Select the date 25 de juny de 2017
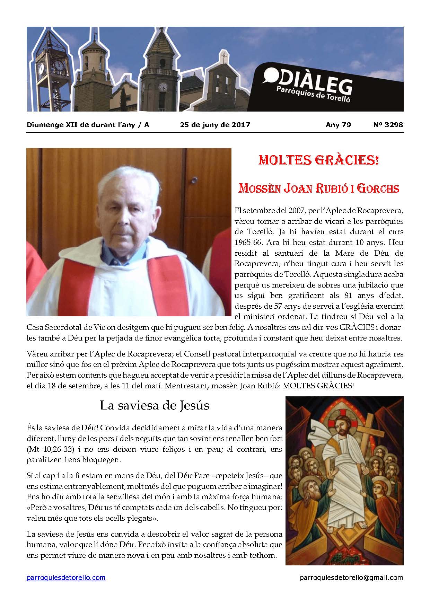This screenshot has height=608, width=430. [215, 125]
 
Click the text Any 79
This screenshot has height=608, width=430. [338, 125]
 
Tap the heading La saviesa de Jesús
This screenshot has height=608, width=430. [155, 405]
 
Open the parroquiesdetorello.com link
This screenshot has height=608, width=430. [66, 578]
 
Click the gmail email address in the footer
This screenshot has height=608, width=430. [351, 578]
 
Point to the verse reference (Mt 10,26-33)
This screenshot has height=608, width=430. [50, 449]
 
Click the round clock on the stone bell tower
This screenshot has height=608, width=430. [163, 87]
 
